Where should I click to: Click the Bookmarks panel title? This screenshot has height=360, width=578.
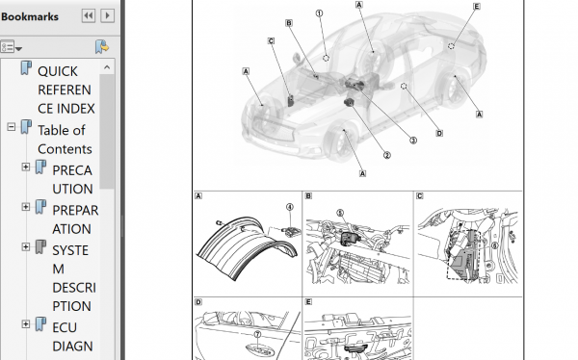[30, 16]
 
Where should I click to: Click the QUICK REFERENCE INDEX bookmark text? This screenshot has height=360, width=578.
[66, 90]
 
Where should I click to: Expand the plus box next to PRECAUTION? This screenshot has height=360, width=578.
[25, 167]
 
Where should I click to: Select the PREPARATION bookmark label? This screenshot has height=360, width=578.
[75, 219]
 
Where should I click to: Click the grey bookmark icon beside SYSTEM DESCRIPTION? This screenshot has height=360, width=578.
[40, 246]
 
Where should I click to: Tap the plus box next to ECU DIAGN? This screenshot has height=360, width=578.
[25, 324]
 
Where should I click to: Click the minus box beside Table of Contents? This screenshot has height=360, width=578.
[11, 127]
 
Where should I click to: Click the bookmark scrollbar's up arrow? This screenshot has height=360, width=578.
[107, 67]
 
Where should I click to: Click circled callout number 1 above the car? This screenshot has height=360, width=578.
[319, 13]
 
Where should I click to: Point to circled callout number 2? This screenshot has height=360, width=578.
[386, 156]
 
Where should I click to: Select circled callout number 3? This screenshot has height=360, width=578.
[413, 141]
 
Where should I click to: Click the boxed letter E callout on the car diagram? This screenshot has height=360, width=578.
[477, 7]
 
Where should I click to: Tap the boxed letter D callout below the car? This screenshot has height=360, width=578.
[439, 133]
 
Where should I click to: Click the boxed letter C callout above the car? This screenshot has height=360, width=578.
[271, 40]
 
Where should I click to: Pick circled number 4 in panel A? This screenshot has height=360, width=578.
[290, 208]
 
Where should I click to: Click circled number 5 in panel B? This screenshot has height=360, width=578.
[340, 213]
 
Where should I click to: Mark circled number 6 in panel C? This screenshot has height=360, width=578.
[494, 245]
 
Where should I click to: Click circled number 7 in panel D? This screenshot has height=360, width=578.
[257, 334]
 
